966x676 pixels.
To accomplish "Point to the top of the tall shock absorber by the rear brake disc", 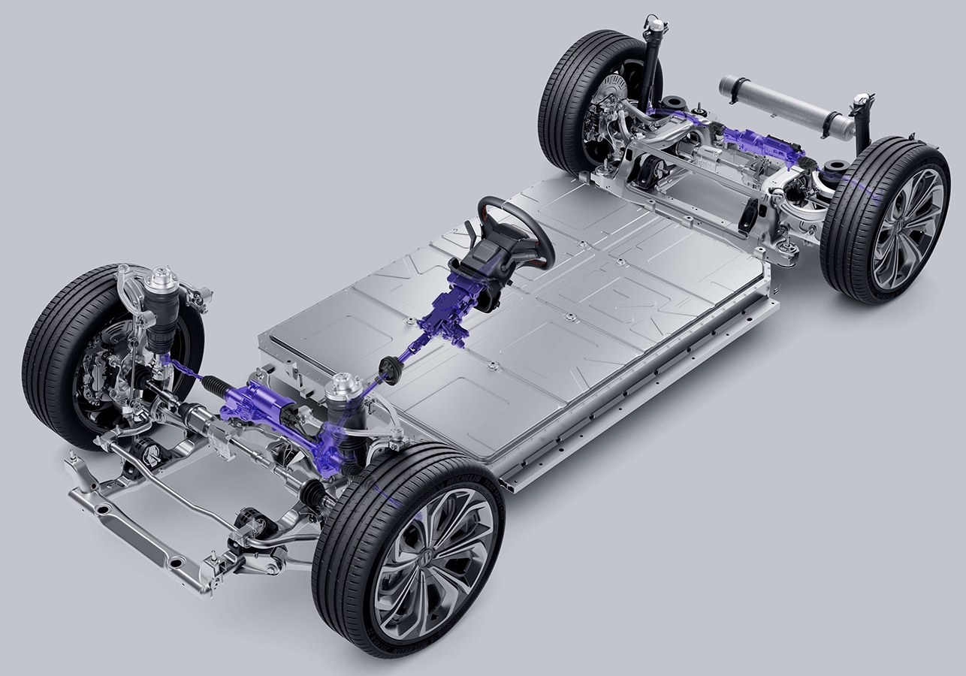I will pos(656,26).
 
